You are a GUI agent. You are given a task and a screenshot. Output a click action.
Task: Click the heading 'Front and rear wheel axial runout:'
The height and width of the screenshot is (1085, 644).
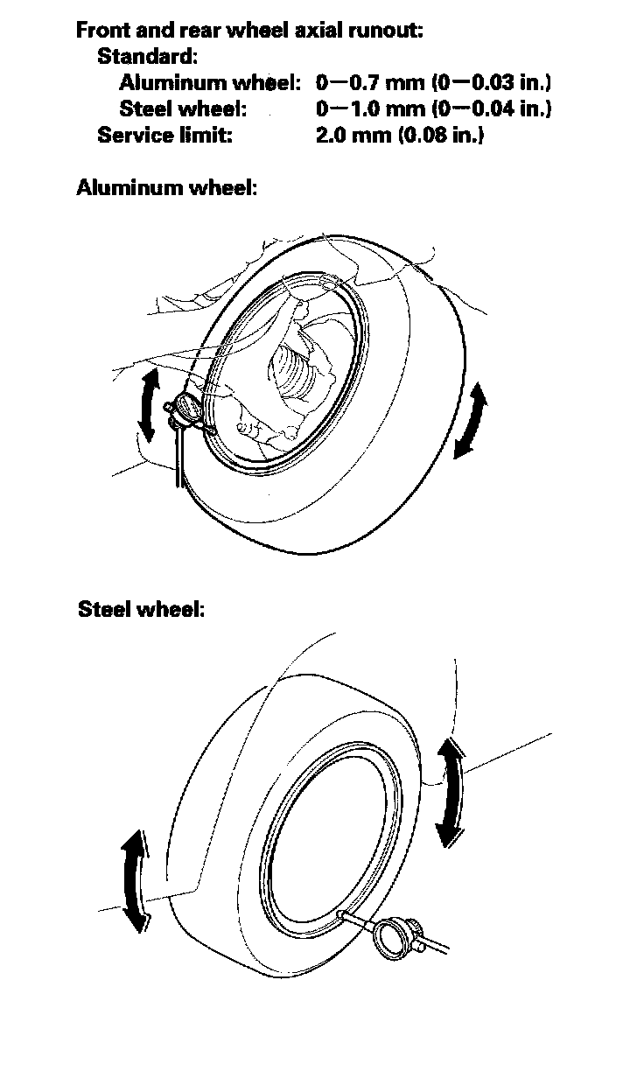(x=250, y=31)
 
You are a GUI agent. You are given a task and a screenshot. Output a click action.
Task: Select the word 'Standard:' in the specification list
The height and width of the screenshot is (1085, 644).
(x=147, y=57)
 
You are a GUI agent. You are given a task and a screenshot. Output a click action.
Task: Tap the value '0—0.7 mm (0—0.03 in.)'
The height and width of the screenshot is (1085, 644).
(x=433, y=83)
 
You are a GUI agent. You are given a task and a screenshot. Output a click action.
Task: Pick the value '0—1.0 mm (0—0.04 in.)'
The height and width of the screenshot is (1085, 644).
(x=433, y=109)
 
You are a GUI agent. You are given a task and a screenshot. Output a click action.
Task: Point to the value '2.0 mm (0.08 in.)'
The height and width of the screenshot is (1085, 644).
(x=399, y=136)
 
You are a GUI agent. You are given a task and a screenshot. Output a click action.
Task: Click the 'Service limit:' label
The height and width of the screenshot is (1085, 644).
(x=164, y=136)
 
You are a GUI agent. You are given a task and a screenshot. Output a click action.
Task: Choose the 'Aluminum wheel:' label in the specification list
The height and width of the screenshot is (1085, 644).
(x=210, y=83)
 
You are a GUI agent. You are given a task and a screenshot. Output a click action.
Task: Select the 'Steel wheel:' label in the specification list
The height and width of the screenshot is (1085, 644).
(x=182, y=109)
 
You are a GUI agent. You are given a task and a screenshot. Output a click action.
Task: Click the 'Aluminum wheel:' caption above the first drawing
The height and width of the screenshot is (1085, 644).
(x=167, y=187)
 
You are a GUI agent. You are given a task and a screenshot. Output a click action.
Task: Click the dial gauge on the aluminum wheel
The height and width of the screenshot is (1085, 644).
(x=187, y=407)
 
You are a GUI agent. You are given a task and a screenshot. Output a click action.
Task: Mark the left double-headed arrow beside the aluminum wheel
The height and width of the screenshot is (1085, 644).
(x=150, y=403)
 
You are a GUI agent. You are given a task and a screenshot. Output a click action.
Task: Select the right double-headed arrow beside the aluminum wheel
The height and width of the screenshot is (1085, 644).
(x=470, y=420)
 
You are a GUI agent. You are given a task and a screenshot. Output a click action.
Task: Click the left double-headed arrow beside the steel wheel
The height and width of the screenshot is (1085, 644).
(x=133, y=881)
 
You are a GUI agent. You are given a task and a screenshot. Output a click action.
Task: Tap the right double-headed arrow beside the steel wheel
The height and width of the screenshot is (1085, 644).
(x=450, y=791)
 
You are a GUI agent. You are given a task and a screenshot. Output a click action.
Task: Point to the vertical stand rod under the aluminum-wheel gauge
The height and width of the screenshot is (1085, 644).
(x=178, y=455)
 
